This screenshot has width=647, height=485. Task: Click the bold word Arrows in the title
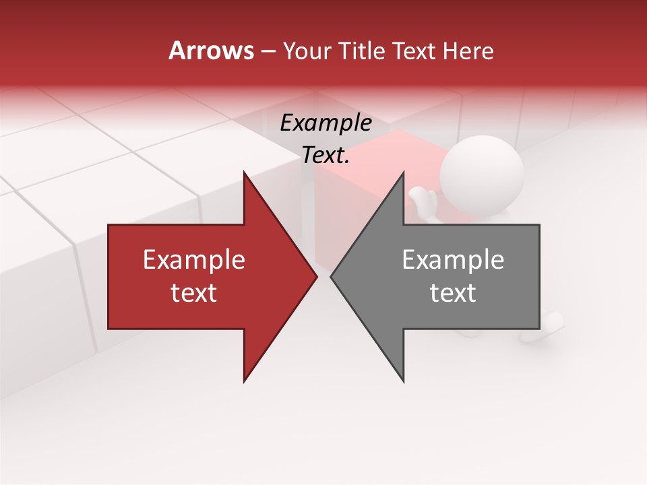pos(211,51)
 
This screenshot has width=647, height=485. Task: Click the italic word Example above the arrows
pos(326,123)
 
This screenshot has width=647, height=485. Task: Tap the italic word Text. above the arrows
pos(326,156)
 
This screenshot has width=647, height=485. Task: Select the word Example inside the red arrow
pos(194,260)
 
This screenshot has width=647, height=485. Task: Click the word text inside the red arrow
pos(194,293)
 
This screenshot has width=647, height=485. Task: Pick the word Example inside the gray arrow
pos(453,260)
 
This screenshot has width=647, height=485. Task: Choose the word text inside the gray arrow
pos(453,293)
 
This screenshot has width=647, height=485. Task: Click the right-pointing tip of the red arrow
pos(315,276)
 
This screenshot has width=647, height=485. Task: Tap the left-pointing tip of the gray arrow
pos(332,276)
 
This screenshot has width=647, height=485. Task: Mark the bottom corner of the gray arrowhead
pos(403,381)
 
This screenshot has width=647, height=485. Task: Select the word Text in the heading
pos(415,51)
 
